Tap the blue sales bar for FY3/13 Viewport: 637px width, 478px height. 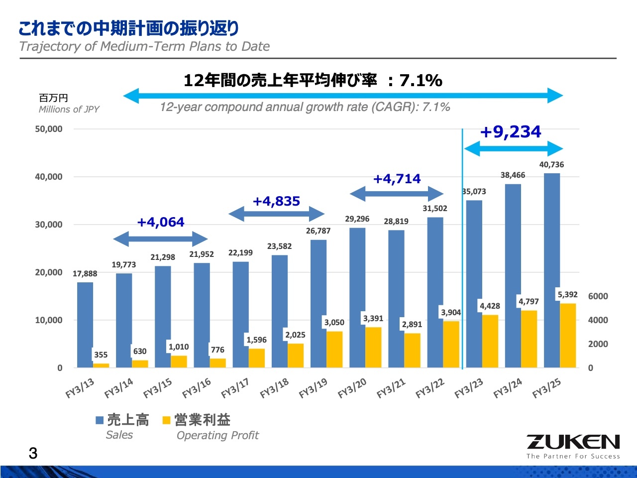(85, 324)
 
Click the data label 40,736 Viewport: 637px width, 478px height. (551, 165)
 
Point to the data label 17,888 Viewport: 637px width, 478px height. (85, 274)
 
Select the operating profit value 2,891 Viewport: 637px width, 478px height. (412, 325)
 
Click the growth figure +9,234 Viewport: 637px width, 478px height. (510, 132)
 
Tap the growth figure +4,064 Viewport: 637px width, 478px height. (160, 222)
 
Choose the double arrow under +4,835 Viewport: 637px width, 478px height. (277, 214)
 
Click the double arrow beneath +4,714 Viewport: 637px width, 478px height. (397, 193)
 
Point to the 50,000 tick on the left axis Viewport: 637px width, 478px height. (49, 129)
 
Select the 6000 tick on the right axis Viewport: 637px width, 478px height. (598, 296)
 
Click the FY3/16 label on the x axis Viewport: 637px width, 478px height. (197, 388)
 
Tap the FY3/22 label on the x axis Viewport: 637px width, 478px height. (430, 388)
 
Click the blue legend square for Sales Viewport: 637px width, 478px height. (100, 421)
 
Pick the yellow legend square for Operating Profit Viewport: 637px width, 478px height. (167, 421)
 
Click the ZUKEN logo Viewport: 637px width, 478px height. (573, 442)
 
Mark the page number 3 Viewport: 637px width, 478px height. (33, 454)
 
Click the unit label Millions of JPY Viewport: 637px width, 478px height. (69, 110)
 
